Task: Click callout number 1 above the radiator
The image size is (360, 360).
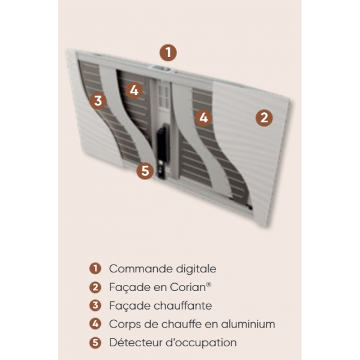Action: click(168, 53)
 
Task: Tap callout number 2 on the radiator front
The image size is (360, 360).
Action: click(264, 118)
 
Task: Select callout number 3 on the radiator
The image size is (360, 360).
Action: click(98, 101)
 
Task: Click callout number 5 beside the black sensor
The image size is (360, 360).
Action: click(145, 171)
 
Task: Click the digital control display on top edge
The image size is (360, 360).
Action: click(160, 68)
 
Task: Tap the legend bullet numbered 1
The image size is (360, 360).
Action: click(95, 268)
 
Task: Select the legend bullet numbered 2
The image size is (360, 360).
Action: click(95, 287)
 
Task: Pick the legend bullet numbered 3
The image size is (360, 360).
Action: click(95, 305)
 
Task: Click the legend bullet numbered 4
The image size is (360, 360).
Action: click(95, 324)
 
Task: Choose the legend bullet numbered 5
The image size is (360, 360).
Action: click(95, 343)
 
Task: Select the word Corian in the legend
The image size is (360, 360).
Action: click(188, 287)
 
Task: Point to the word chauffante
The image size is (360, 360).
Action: click(183, 305)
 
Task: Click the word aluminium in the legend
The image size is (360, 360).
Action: click(248, 324)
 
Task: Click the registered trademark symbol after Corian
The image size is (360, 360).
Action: click(209, 284)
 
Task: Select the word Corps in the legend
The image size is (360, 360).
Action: click(125, 325)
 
